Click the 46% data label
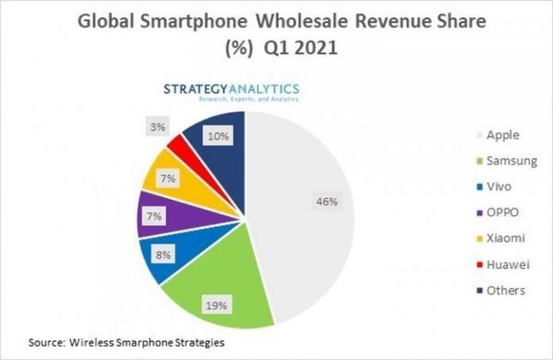point(326,201)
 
